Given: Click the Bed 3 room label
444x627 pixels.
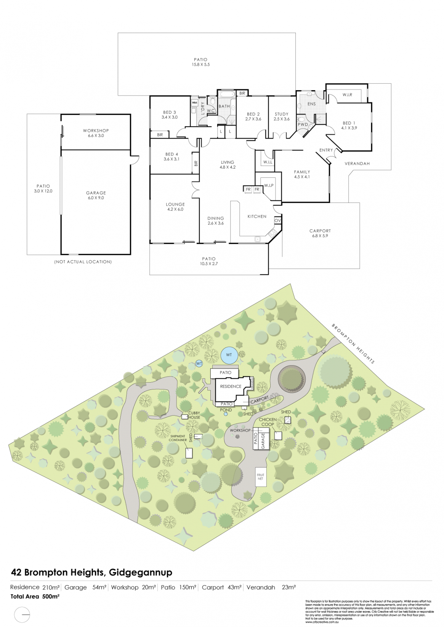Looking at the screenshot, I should tap(170, 115).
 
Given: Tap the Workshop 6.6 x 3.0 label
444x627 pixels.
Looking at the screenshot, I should tap(96, 133).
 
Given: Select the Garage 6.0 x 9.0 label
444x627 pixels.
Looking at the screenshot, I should tap(96, 195).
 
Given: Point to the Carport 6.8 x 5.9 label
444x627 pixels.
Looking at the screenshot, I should tap(320, 233).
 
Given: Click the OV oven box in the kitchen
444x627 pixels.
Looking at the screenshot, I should tap(277, 220).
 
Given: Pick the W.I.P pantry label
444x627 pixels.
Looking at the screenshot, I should tap(269, 185).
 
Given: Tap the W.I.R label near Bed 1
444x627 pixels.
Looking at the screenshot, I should tap(347, 95).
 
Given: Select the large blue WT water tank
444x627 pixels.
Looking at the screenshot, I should tap(229, 355).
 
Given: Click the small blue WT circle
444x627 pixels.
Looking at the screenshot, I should tap(199, 364).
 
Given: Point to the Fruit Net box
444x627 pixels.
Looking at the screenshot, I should tap(260, 477).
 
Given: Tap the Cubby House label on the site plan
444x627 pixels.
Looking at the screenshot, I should tap(194, 415).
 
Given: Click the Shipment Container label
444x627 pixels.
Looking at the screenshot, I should tap(178, 438).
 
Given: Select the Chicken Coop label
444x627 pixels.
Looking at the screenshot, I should tap(268, 422).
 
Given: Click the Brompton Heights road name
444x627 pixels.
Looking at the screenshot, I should tap(353, 343).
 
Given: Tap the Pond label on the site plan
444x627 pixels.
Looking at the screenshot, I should tap(226, 410).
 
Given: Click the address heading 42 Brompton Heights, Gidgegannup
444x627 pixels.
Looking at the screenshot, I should tap(91, 572).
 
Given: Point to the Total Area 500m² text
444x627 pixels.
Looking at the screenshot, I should tap(35, 597).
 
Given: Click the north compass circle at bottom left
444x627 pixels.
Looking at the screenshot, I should tap(22, 614).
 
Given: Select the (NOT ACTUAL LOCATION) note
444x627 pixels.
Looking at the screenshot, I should tap(83, 262).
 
